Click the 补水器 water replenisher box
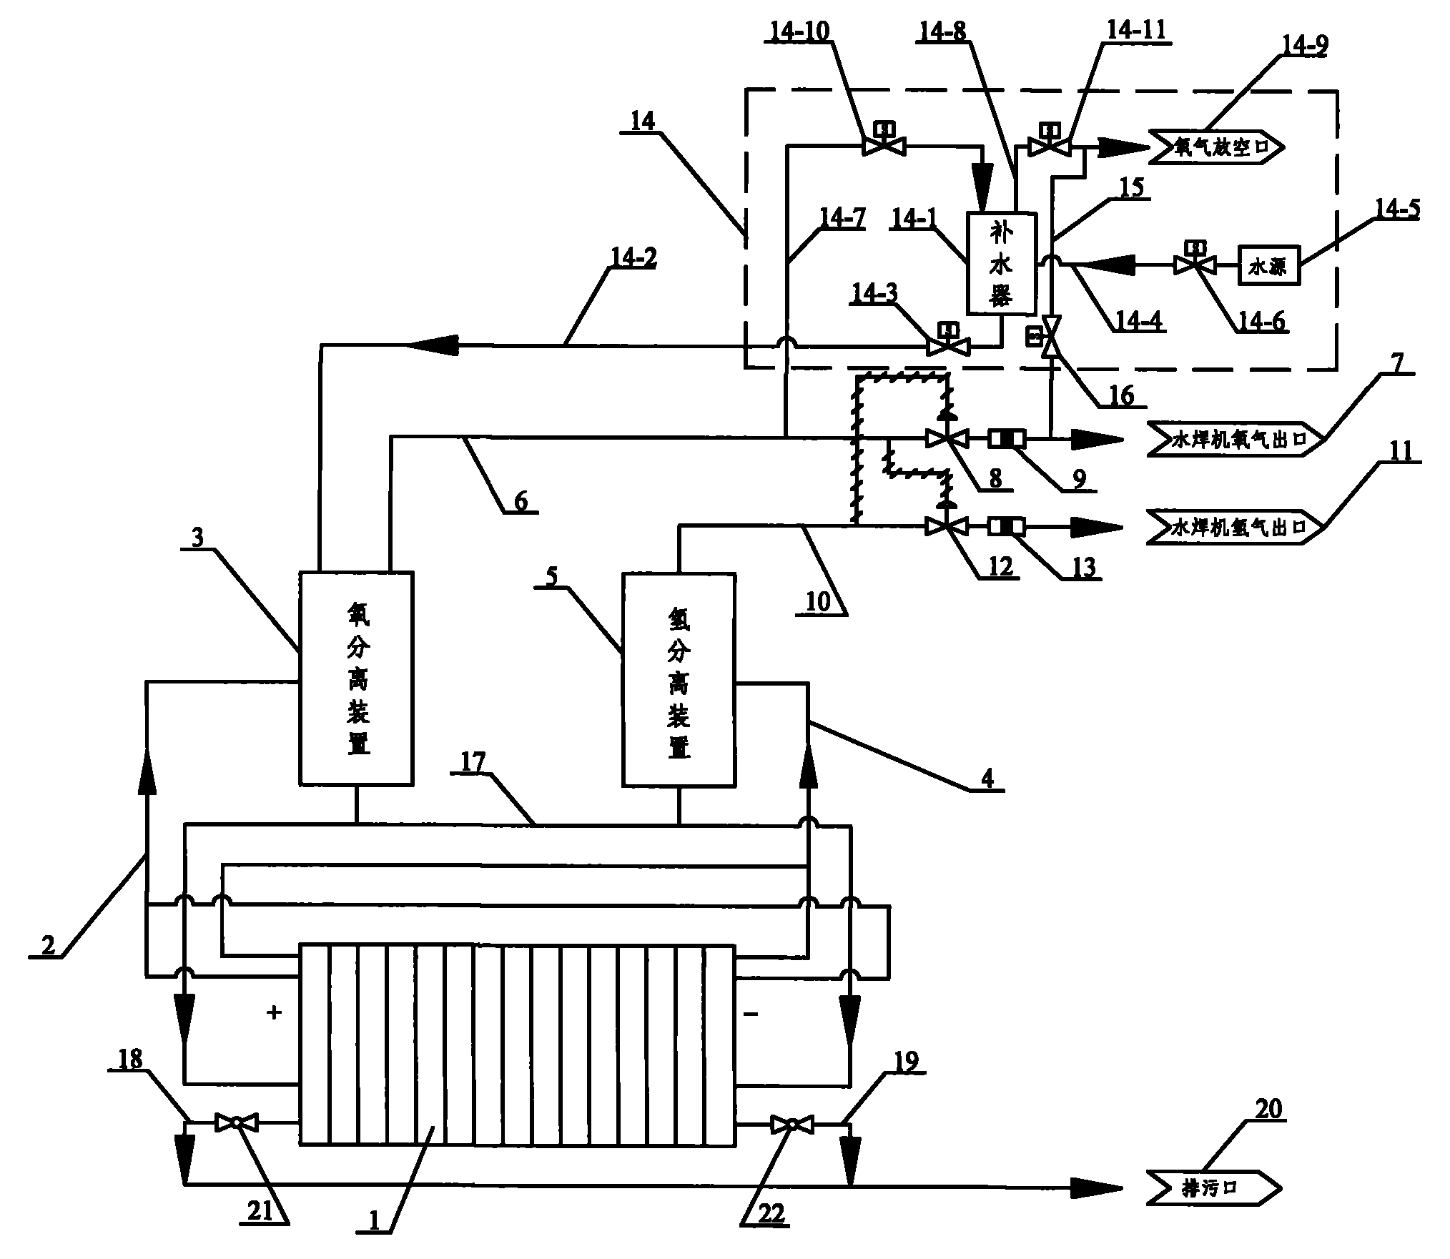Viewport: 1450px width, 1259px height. point(1000,262)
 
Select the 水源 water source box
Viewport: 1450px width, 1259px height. point(1268,266)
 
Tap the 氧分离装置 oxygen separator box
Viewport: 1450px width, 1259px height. point(355,678)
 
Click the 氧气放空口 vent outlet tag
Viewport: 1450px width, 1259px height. point(1215,147)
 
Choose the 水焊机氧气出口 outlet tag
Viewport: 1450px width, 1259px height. point(1236,439)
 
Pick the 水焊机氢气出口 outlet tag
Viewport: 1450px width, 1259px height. point(1236,528)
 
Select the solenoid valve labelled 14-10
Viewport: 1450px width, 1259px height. point(884,145)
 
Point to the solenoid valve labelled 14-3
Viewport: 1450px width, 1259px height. point(948,347)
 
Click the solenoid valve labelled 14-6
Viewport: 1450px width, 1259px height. point(1195,265)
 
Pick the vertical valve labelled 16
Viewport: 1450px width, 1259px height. point(1051,337)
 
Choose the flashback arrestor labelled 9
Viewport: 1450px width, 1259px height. point(1007,439)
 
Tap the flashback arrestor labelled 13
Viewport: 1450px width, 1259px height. point(1007,528)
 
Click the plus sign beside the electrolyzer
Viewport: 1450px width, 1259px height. point(274,1012)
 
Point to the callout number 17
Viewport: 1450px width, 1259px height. point(473,762)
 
